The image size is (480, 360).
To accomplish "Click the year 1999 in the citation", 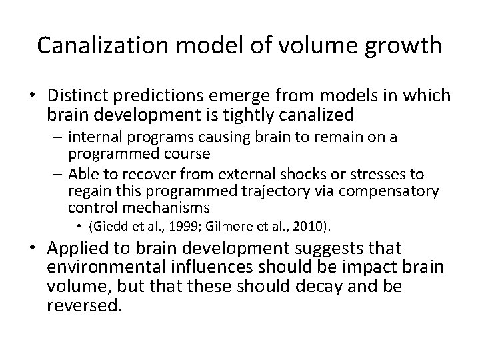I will [x=175, y=227].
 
